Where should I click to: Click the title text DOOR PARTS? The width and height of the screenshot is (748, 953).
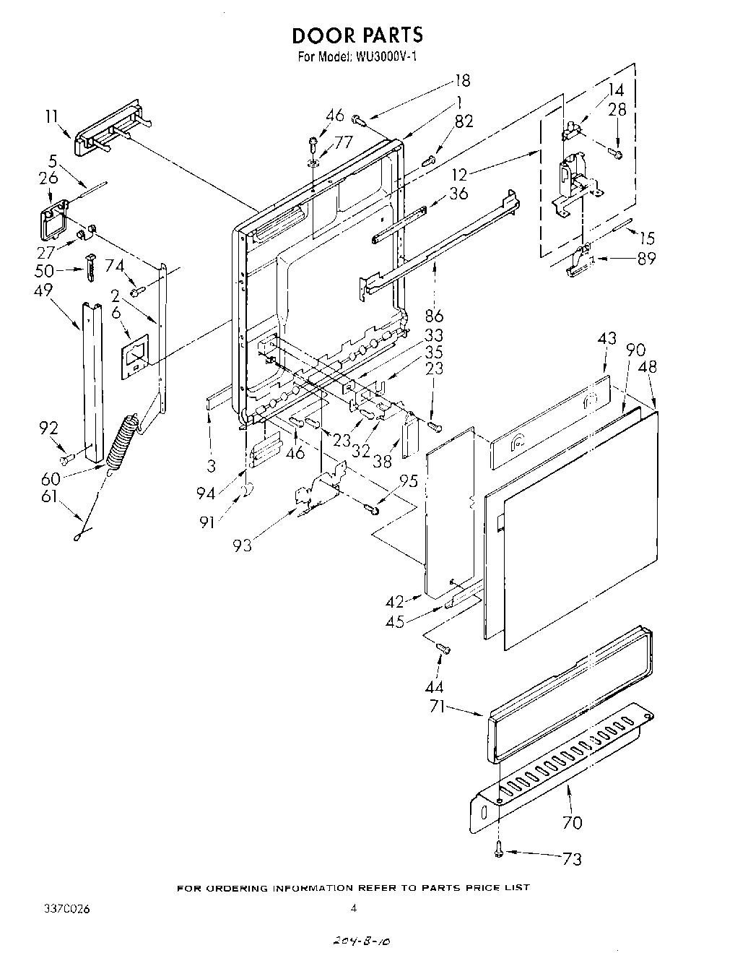pos(357,35)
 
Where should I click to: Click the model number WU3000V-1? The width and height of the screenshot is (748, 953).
pos(383,57)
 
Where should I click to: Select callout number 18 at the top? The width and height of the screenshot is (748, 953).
pos(462,81)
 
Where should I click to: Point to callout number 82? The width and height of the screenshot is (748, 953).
pos(463,121)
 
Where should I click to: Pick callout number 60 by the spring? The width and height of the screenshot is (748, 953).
pos(51,478)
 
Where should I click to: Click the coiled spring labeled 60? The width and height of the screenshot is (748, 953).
pos(121,441)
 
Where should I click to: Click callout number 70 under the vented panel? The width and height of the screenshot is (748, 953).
pos(571,822)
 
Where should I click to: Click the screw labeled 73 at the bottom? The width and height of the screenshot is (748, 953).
pos(499,853)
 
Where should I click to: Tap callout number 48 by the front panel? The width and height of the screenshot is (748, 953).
pos(648,367)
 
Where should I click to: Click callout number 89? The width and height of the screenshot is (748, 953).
pos(646,258)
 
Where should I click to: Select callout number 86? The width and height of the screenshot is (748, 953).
pos(433,315)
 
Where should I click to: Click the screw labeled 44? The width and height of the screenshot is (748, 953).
pos(443,650)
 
